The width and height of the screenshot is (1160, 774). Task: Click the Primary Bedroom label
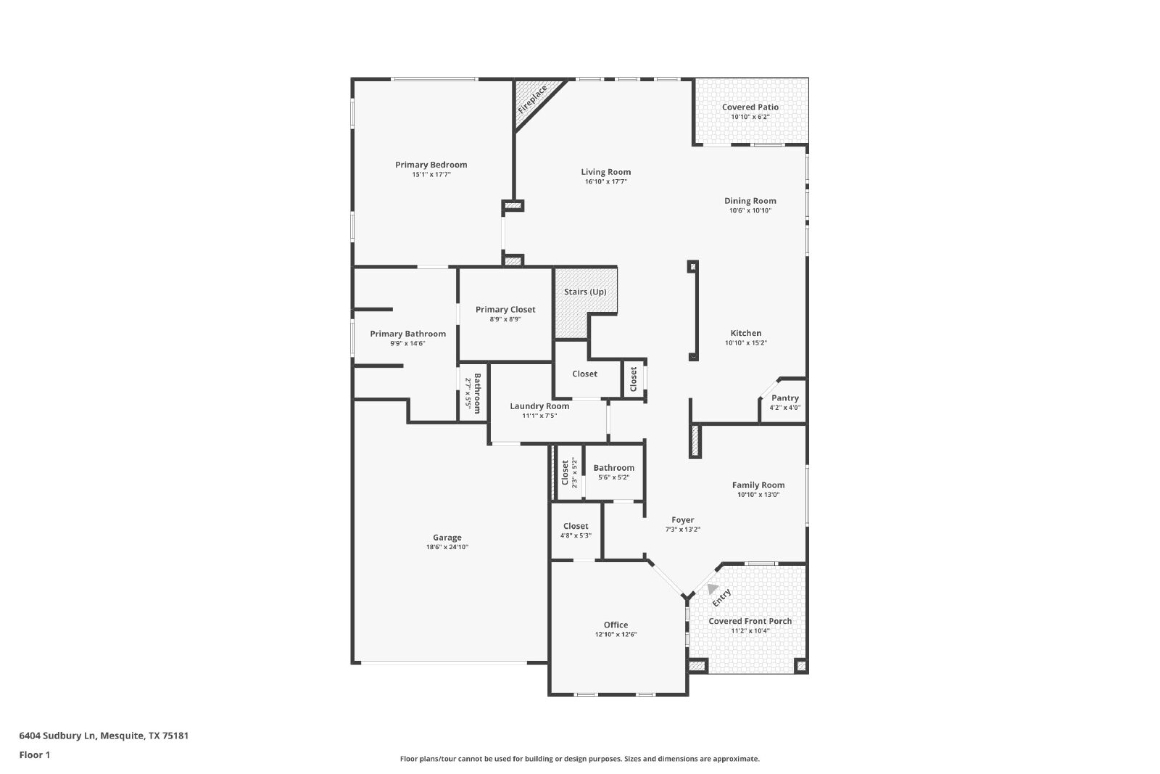[431, 165]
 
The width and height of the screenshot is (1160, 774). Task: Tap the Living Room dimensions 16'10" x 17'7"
[606, 182]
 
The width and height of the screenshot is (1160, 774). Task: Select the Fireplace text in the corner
[532, 100]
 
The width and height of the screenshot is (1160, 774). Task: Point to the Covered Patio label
[750, 107]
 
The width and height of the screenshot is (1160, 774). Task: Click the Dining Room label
[750, 201]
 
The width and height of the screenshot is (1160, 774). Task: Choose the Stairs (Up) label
[585, 292]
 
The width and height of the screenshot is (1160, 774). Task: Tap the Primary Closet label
[505, 310]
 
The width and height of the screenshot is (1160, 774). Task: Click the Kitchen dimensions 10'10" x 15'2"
[746, 343]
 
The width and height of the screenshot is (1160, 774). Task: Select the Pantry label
[785, 398]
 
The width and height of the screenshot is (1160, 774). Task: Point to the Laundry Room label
[539, 406]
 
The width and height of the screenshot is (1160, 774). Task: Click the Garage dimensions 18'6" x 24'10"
[447, 547]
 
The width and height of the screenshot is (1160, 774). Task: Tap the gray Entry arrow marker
[713, 588]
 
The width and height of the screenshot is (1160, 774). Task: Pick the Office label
[616, 625]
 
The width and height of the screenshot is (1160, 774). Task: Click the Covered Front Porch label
[750, 621]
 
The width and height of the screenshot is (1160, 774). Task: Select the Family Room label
[758, 485]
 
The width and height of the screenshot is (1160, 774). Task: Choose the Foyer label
[682, 520]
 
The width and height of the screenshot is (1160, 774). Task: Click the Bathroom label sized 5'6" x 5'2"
[613, 468]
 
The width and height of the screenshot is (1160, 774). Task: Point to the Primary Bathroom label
[407, 334]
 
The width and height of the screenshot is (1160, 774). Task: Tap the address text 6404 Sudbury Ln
[57, 736]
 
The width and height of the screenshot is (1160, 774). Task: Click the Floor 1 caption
[35, 755]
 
